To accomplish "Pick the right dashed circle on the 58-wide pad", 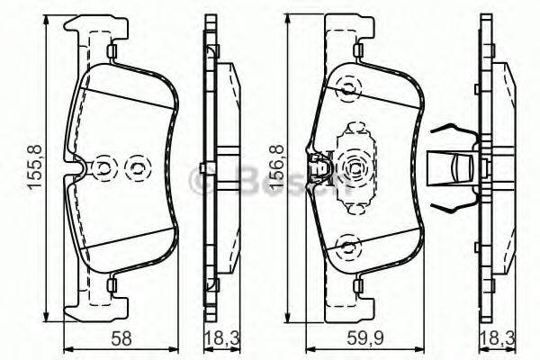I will pyautogui.click(x=138, y=167).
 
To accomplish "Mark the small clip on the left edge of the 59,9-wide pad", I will pyautogui.click(x=317, y=166).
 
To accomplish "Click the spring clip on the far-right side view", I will pyautogui.click(x=455, y=167).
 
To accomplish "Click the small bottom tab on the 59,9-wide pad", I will pyautogui.click(x=357, y=286).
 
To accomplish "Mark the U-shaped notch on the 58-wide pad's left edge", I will pyautogui.click(x=79, y=168).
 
